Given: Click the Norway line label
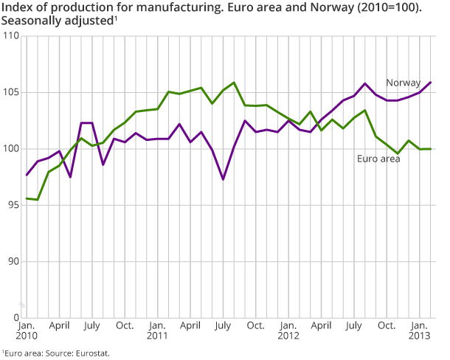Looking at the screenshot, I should [x=404, y=83].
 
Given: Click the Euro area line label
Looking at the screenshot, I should [x=378, y=159].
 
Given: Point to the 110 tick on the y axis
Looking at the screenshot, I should [x=11, y=36].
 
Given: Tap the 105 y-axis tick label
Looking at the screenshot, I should [x=11, y=92].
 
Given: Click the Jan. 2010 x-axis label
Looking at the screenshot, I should [x=27, y=330].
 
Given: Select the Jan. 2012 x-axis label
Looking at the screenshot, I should [x=288, y=330].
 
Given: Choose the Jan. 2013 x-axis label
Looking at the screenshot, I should [x=420, y=330].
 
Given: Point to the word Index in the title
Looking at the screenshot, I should [x=16, y=9].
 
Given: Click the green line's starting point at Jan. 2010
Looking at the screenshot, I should [x=27, y=198].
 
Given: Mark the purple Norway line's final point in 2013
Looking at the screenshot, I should [x=431, y=82].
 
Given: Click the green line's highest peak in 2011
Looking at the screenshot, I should [x=234, y=83].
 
